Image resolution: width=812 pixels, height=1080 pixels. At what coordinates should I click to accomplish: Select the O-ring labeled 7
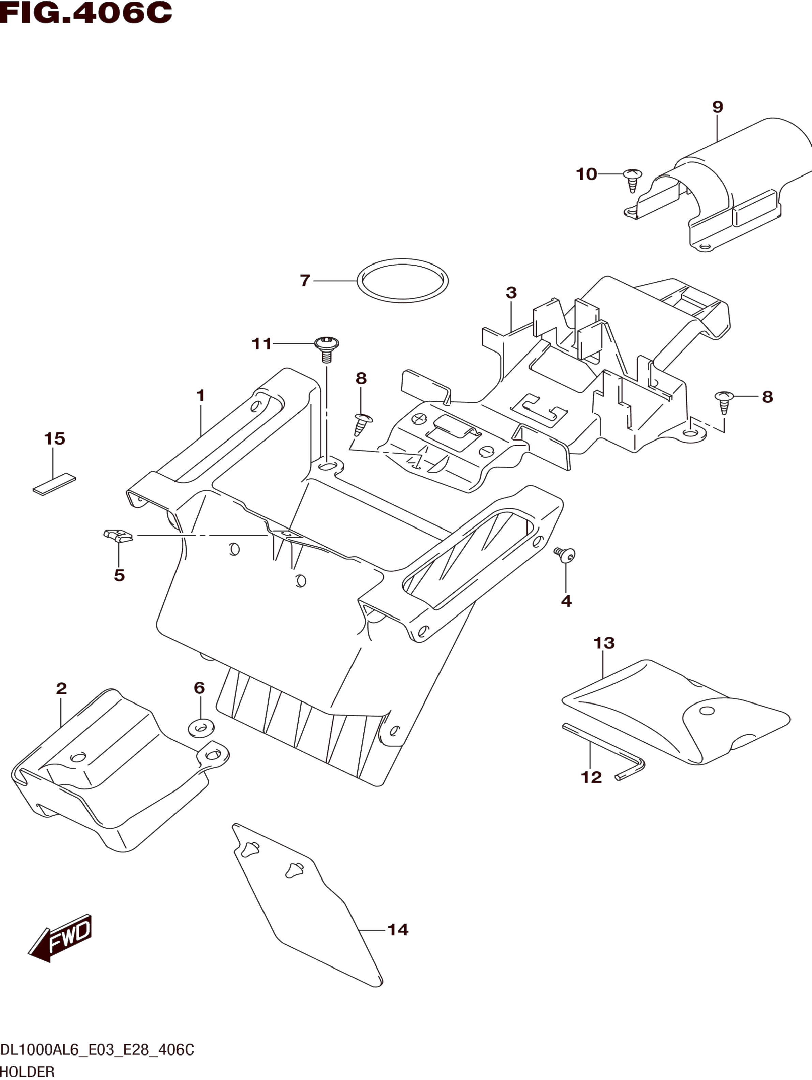click(403, 281)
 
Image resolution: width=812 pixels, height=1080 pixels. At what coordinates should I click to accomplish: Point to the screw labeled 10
click(633, 180)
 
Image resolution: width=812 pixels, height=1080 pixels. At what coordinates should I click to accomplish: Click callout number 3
click(511, 293)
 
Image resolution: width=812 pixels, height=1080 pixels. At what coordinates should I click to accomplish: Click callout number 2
click(61, 689)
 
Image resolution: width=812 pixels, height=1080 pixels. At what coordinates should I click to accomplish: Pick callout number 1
click(200, 396)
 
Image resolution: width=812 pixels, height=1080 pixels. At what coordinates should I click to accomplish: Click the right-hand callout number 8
click(767, 397)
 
